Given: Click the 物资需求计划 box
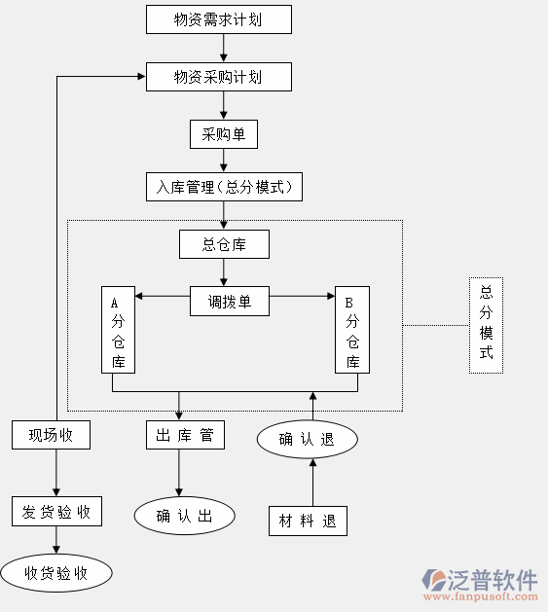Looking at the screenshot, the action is point(219,19).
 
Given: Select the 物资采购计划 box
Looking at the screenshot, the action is point(219,77).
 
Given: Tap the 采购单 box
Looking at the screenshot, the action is point(224,134).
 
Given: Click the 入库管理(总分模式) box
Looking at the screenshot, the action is point(224,187).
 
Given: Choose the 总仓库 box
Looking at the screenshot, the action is point(224,244).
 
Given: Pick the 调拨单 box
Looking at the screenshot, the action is point(230,302).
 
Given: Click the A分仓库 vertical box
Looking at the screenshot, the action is point(119,330).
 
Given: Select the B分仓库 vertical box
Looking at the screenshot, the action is point(352,330).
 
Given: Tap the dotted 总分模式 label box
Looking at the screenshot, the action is point(487,326).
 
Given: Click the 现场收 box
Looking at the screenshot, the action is point(52,435).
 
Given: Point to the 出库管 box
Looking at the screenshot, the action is point(186,435).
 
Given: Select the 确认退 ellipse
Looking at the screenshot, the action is point(308,439).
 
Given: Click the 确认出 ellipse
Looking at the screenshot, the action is point(185,516).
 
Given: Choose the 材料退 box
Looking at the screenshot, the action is point(308,522).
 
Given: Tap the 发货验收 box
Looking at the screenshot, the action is point(57,512).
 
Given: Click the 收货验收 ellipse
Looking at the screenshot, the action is point(56,573).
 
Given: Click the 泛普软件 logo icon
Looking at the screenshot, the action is point(433,580).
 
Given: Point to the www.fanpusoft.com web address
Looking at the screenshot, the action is point(481,596).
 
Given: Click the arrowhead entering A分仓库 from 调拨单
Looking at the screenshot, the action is point(138,296).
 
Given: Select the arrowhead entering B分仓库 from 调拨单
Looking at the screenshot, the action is point(331,296).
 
